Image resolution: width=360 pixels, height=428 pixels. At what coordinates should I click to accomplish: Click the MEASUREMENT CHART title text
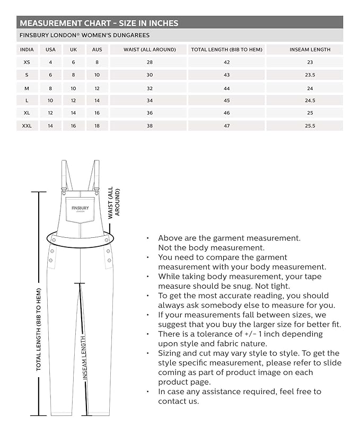click(99, 23)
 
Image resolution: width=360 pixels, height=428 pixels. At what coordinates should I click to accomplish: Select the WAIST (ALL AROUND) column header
click(150, 50)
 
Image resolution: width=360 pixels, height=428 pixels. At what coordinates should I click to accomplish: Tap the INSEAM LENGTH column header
click(310, 50)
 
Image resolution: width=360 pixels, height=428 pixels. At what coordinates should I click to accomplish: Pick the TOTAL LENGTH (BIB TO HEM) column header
click(226, 50)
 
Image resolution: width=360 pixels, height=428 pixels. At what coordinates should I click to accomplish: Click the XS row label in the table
click(27, 63)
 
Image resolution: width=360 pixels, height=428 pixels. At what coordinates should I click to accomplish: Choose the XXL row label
click(27, 126)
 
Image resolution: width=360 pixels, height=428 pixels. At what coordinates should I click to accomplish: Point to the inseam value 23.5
click(310, 75)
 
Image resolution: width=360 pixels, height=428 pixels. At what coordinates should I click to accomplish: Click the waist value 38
click(150, 126)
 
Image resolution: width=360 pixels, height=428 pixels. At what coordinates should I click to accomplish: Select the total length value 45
click(226, 101)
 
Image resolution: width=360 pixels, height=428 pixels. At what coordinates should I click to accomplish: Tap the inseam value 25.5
click(310, 126)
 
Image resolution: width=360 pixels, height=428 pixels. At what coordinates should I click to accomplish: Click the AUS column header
click(97, 50)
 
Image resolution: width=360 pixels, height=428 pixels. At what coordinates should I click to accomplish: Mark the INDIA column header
click(27, 50)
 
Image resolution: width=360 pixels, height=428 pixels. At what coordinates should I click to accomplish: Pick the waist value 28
click(150, 63)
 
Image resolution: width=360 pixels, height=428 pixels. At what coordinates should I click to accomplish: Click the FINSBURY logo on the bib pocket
click(80, 209)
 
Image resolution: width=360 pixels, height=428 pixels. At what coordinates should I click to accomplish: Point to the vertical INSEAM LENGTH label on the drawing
click(84, 358)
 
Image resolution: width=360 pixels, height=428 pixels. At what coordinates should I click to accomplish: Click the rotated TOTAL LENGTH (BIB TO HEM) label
click(39, 328)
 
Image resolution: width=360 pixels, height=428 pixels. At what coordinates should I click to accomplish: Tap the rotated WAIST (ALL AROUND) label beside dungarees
click(113, 202)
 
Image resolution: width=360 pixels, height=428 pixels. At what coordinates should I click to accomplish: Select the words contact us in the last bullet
click(179, 401)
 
